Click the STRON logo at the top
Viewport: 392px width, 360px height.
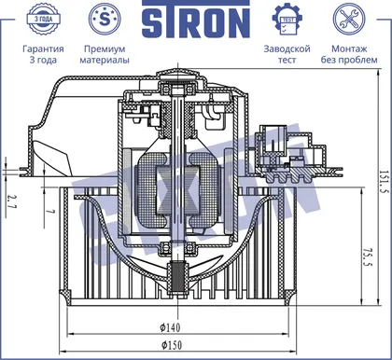(196, 20)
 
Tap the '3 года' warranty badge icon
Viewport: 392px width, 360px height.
(43, 19)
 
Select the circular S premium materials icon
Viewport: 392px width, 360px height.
(105, 19)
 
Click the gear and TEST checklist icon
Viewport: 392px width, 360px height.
(287, 20)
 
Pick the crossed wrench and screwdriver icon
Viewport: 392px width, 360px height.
(349, 19)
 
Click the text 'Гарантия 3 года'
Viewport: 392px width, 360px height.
(43, 54)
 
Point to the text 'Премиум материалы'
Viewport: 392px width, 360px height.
(105, 54)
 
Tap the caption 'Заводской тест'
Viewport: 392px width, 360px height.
(287, 54)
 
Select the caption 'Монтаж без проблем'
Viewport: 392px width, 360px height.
(349, 54)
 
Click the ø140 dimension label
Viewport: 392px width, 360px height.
(170, 327)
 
